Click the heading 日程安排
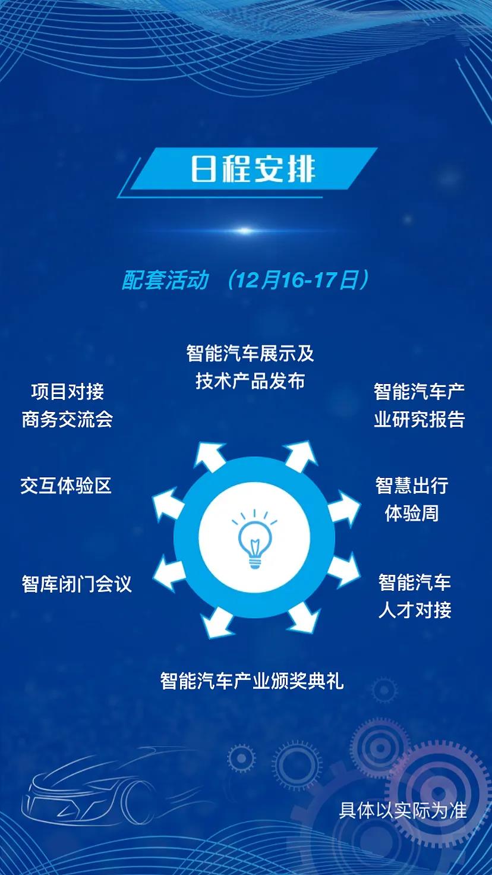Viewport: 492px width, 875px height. coord(253,169)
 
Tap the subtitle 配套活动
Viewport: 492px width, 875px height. coord(165,280)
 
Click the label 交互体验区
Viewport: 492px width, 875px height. coord(66,486)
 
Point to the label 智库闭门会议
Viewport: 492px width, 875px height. coord(77,584)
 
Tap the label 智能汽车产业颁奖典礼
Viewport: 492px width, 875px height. coord(252,681)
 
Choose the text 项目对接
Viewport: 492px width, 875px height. coord(68,391)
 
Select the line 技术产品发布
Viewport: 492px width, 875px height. coord(250,381)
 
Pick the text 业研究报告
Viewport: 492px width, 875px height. coord(420,419)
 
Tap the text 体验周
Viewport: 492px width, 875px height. coord(412,513)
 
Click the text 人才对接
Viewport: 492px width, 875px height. coord(415,610)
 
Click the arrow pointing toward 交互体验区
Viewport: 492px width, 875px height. coord(169,505)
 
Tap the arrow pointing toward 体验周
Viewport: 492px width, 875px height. coord(343,508)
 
